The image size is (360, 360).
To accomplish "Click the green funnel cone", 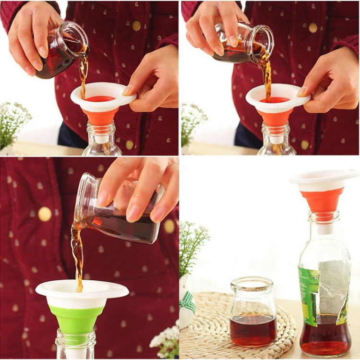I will click(76, 318).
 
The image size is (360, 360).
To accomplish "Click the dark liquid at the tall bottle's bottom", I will click(325, 336).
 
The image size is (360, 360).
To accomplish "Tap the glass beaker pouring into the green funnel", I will click(120, 211).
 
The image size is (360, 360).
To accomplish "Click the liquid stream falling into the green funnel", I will click(77, 254).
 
